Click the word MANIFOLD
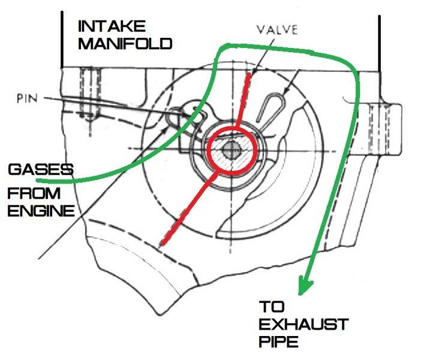point(126,44)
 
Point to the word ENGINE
point(41,210)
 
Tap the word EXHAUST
point(303,325)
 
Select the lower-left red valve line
point(186,206)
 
